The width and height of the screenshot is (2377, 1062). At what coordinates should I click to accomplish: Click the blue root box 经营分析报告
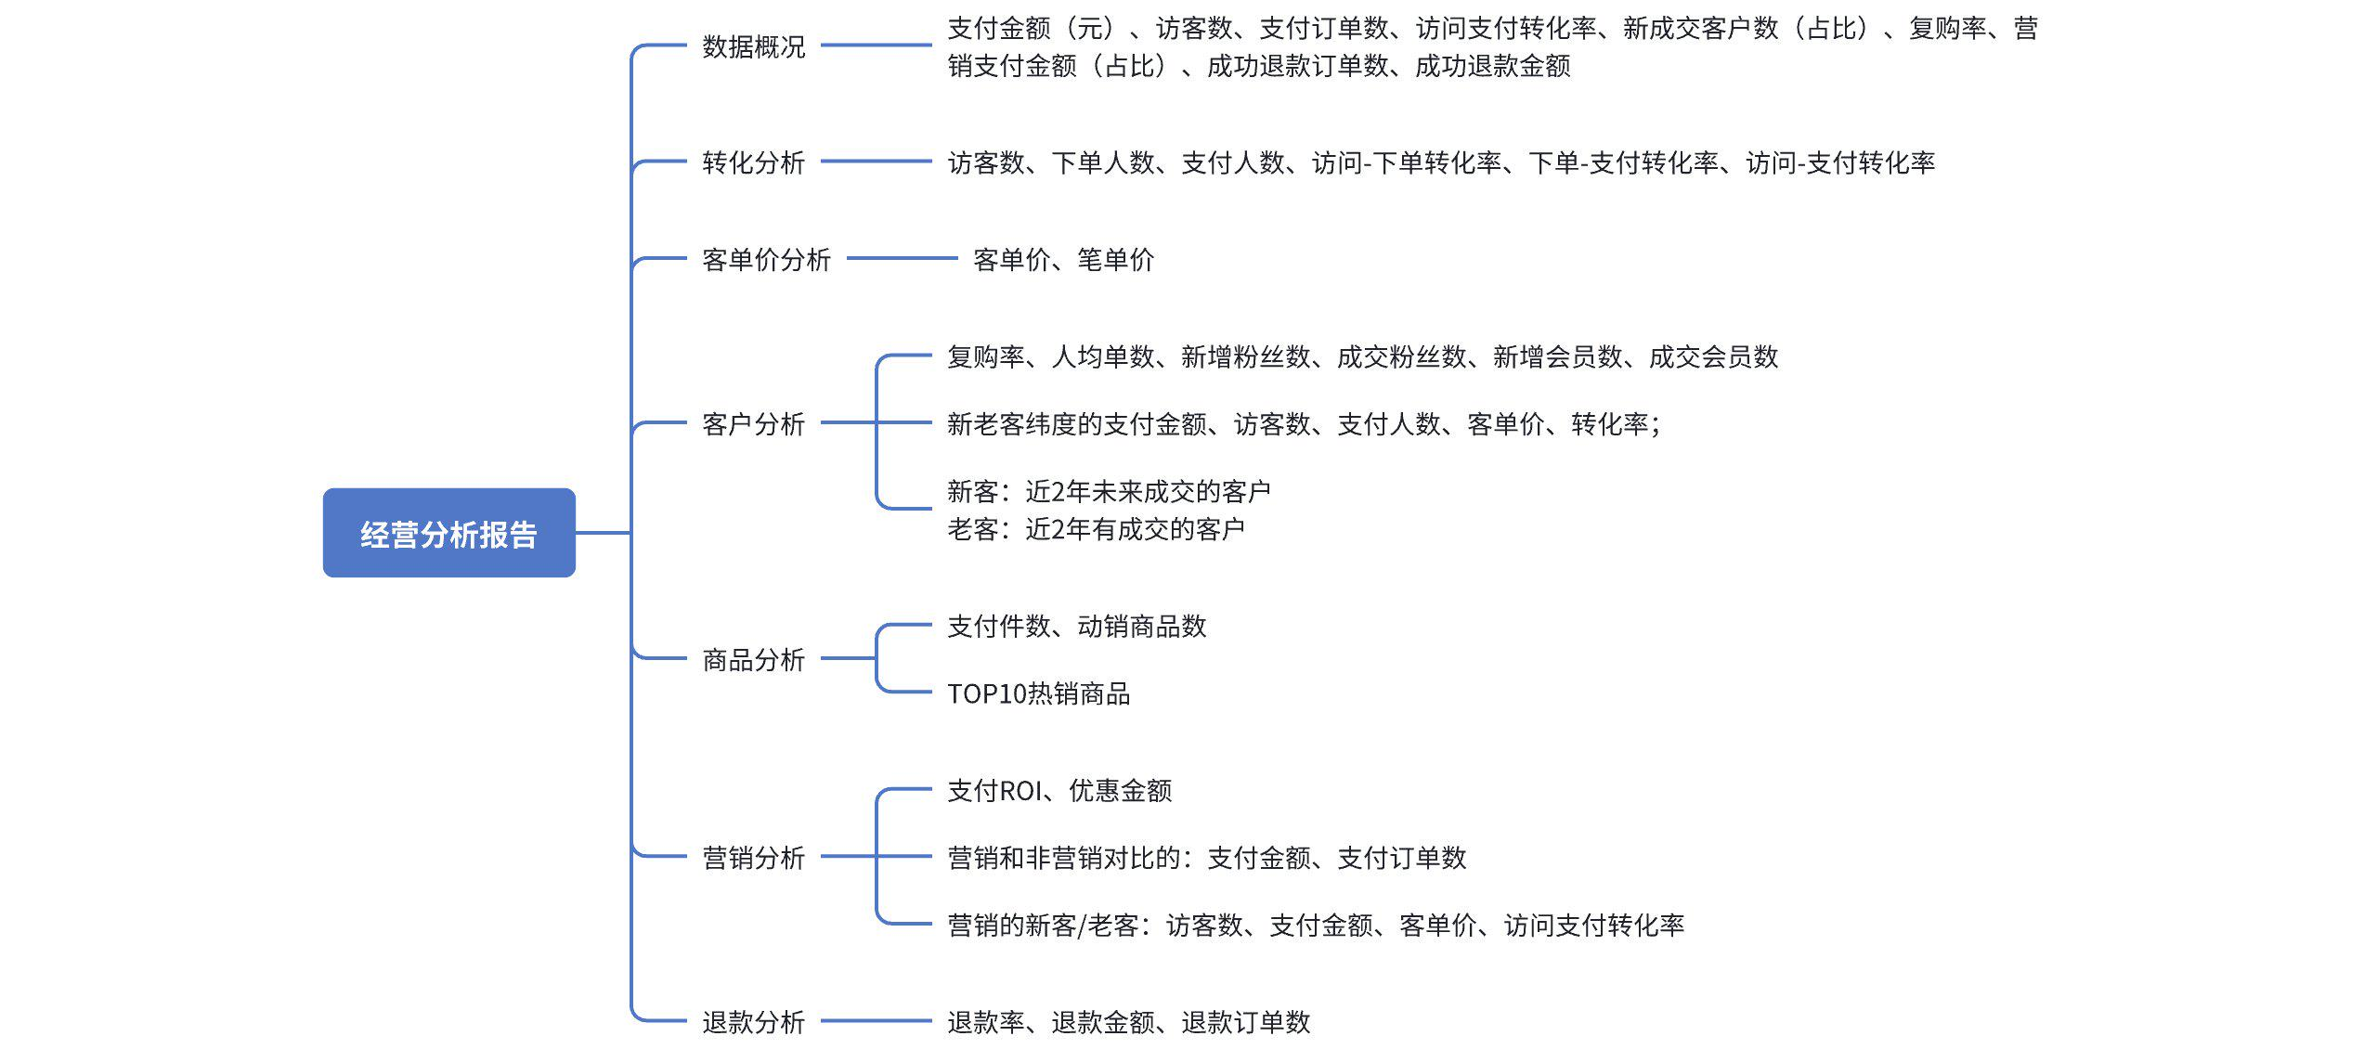(x=448, y=533)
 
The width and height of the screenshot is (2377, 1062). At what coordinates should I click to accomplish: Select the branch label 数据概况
(x=753, y=46)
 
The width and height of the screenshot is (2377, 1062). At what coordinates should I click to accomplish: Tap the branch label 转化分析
(x=753, y=162)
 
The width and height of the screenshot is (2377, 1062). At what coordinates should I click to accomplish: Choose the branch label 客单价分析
(x=766, y=260)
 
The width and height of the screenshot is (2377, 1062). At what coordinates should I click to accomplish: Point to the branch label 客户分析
(x=753, y=424)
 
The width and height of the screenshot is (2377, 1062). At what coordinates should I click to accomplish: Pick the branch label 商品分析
(x=753, y=660)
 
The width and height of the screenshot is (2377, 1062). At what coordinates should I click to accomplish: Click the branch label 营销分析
(x=753, y=858)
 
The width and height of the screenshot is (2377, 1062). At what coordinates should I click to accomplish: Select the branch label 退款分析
(x=753, y=1022)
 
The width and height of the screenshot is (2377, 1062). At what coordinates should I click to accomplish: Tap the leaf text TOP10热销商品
(x=1038, y=694)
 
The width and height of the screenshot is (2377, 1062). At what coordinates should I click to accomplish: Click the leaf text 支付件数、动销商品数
(x=1076, y=627)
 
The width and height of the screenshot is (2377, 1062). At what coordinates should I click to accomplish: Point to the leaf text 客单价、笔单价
(x=1063, y=260)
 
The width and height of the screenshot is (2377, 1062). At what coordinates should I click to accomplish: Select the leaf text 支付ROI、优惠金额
(x=1059, y=791)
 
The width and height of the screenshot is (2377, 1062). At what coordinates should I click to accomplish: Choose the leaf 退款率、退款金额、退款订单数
(x=1128, y=1022)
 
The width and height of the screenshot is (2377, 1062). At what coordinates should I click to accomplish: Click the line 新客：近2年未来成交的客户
(x=1109, y=491)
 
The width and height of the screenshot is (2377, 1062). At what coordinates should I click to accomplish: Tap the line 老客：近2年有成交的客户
(x=1096, y=529)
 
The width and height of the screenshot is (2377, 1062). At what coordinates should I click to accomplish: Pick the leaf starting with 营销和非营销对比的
(x=1206, y=858)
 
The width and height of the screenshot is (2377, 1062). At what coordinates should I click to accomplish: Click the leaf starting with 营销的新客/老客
(x=1315, y=926)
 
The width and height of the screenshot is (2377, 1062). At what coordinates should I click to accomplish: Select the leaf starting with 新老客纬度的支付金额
(x=1304, y=424)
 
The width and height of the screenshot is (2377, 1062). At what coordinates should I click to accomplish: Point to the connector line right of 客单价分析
(x=901, y=258)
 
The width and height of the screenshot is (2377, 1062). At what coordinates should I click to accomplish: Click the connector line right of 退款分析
(x=876, y=1021)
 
